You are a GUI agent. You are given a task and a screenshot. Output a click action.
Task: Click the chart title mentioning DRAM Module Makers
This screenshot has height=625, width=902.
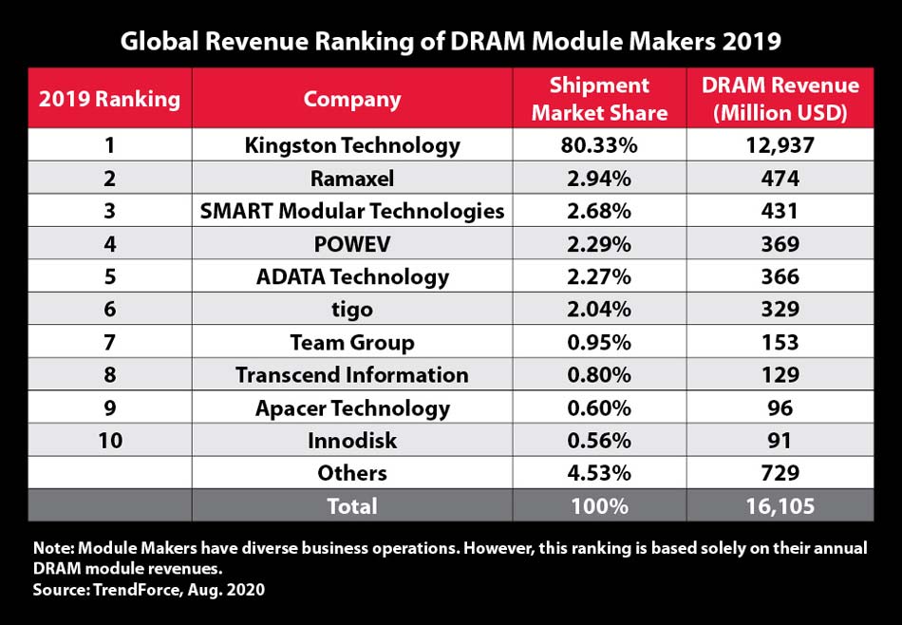tap(450, 42)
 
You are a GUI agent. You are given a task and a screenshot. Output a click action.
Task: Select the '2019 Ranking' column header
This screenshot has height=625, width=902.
tap(108, 98)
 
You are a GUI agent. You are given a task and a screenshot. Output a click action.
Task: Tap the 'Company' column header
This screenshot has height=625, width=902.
tap(352, 99)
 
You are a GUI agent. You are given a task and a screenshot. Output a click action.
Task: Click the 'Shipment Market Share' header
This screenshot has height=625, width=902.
tap(599, 99)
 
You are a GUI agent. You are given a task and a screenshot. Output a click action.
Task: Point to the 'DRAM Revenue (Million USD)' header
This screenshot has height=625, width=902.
tap(780, 99)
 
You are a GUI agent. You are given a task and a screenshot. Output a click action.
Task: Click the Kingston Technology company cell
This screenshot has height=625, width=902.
tap(352, 145)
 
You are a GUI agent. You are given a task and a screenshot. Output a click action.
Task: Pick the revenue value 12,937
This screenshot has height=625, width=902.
tap(780, 145)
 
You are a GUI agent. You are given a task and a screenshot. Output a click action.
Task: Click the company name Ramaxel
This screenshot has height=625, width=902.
tap(352, 179)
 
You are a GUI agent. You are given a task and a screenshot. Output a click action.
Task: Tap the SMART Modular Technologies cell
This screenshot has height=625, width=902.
tap(352, 211)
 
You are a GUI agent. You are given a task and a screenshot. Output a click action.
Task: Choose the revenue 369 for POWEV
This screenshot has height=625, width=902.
tap(780, 244)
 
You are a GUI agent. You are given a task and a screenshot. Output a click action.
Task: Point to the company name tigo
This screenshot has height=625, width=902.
tap(352, 310)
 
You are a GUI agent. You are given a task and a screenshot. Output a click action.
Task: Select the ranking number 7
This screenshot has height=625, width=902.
tap(108, 343)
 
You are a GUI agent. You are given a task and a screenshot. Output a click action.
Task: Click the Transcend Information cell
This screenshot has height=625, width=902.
tap(352, 375)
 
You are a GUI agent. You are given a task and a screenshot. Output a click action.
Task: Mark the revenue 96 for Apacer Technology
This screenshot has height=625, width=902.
tap(780, 408)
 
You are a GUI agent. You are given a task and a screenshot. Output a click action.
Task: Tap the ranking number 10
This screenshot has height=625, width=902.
tap(108, 441)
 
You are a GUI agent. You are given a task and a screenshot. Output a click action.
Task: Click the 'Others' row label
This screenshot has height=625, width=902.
tap(352, 473)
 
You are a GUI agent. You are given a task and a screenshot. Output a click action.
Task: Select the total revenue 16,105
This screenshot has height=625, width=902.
tap(780, 506)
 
